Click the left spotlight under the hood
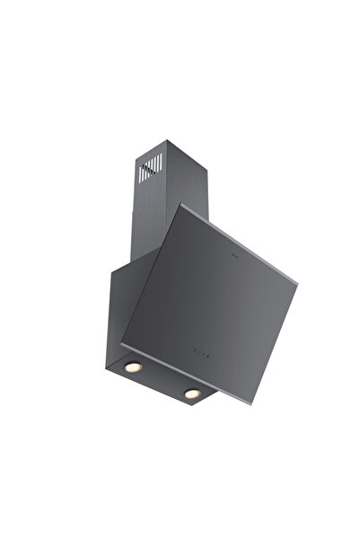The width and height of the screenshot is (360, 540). pos(133,367)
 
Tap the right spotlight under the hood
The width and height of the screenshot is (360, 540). pos(191,393)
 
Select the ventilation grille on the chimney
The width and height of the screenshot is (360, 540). pos(152,167)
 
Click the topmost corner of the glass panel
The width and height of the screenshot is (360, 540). pos(181,205)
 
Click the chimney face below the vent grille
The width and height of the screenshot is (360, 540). pos(150,216)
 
